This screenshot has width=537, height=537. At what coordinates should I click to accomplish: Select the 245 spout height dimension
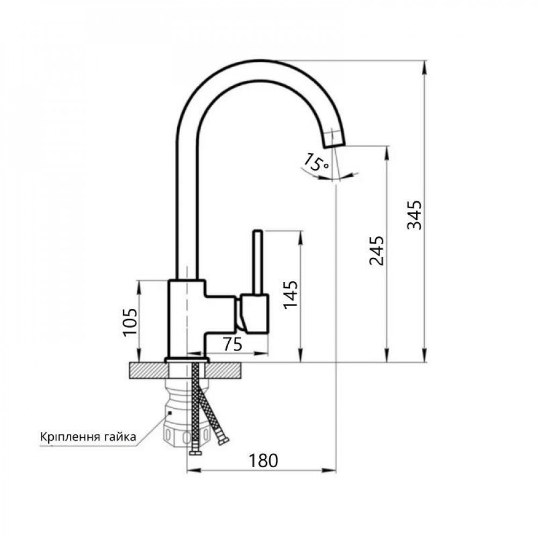[376, 251]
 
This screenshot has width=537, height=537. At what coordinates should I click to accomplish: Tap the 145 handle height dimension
[291, 294]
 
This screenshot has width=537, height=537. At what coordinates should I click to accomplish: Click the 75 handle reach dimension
[231, 345]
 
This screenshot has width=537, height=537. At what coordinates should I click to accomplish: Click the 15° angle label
[316, 162]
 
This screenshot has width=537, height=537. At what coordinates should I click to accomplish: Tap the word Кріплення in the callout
[68, 436]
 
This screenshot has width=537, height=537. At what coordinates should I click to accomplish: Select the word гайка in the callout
[118, 436]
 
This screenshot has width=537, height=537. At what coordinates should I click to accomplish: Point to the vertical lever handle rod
[258, 262]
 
